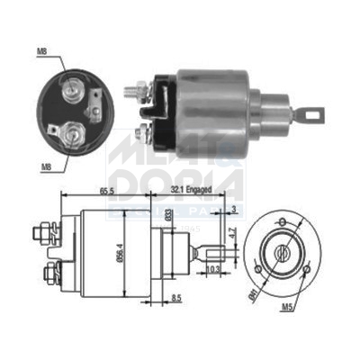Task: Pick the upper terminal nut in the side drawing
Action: [x=41, y=234]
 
